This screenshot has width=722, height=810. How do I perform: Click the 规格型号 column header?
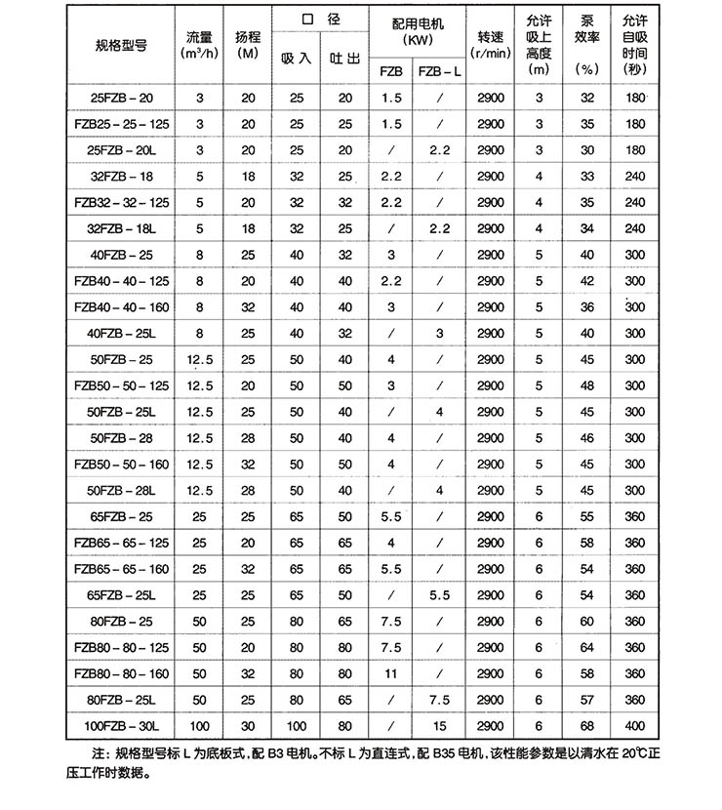pos(120,45)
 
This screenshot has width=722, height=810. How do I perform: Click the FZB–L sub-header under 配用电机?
pos(440,71)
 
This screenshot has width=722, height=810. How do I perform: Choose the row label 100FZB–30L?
pos(121,726)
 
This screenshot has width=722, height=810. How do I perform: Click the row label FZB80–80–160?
pos(121,673)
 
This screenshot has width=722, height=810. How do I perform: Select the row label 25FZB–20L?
pos(121,150)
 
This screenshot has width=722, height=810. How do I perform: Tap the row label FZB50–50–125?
pos(121,385)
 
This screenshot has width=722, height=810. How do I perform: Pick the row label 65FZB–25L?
pos(121,594)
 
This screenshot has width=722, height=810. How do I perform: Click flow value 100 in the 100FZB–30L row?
pos(200,726)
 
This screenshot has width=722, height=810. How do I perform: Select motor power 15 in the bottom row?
pos(440,726)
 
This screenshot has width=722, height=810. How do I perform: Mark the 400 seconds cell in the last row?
pos(635,726)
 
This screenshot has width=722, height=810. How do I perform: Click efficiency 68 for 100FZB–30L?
pos(586,726)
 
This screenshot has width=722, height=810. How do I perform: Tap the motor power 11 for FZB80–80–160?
pos(391,673)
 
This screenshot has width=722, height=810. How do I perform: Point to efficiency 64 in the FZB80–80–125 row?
pos(586,647)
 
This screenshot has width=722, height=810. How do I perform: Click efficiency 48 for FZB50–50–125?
pos(586,385)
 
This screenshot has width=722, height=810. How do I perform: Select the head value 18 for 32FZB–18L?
pos(248,228)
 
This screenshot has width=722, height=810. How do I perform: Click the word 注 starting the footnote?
pos(98,753)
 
